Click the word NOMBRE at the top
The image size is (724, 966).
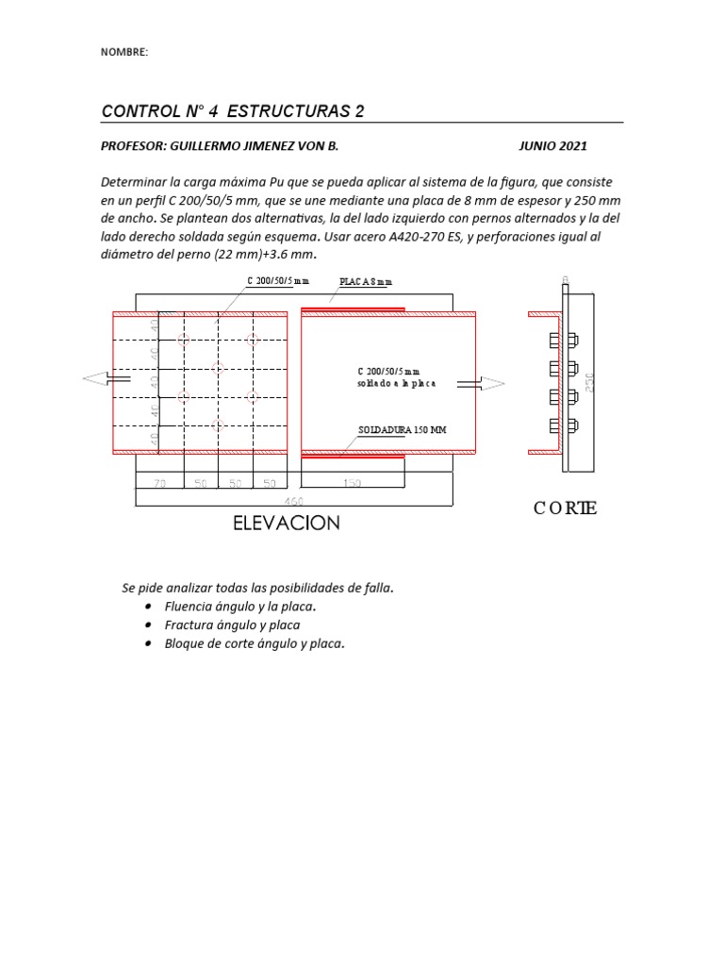tap(123, 52)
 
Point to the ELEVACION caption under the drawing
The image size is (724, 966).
tap(287, 523)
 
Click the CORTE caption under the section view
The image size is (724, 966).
tap(565, 508)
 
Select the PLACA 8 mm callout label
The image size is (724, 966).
tap(365, 282)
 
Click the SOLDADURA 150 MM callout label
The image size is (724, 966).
tap(403, 430)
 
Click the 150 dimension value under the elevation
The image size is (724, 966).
tap(351, 483)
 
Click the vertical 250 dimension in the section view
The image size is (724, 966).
tap(590, 380)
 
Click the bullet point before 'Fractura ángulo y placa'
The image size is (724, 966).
tap(150, 625)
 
